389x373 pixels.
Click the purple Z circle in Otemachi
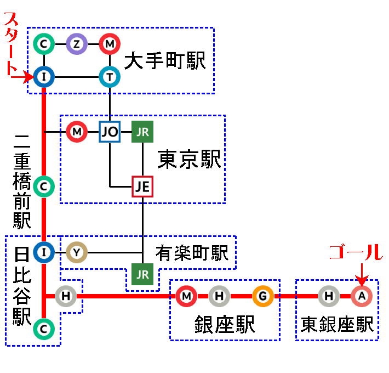coord(77,43)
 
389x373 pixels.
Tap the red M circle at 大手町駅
coord(110,43)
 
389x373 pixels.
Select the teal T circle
coord(110,77)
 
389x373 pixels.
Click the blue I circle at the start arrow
coord(43,77)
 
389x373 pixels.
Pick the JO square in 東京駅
coord(110,132)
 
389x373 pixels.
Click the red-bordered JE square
coord(142,187)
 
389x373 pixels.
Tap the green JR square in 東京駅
coord(142,132)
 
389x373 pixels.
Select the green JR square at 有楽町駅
coord(142,274)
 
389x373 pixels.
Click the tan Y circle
coord(77,252)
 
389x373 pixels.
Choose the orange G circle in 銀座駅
coord(263,296)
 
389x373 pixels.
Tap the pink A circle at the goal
coord(362,296)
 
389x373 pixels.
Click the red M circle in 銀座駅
coord(186,296)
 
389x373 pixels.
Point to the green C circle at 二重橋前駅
coord(43,187)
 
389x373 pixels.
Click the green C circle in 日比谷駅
coord(43,329)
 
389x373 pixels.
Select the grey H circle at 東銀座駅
coord(329,296)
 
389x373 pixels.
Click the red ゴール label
coord(355,252)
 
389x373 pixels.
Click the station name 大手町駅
coord(164,61)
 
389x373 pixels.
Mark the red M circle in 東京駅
coord(77,132)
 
